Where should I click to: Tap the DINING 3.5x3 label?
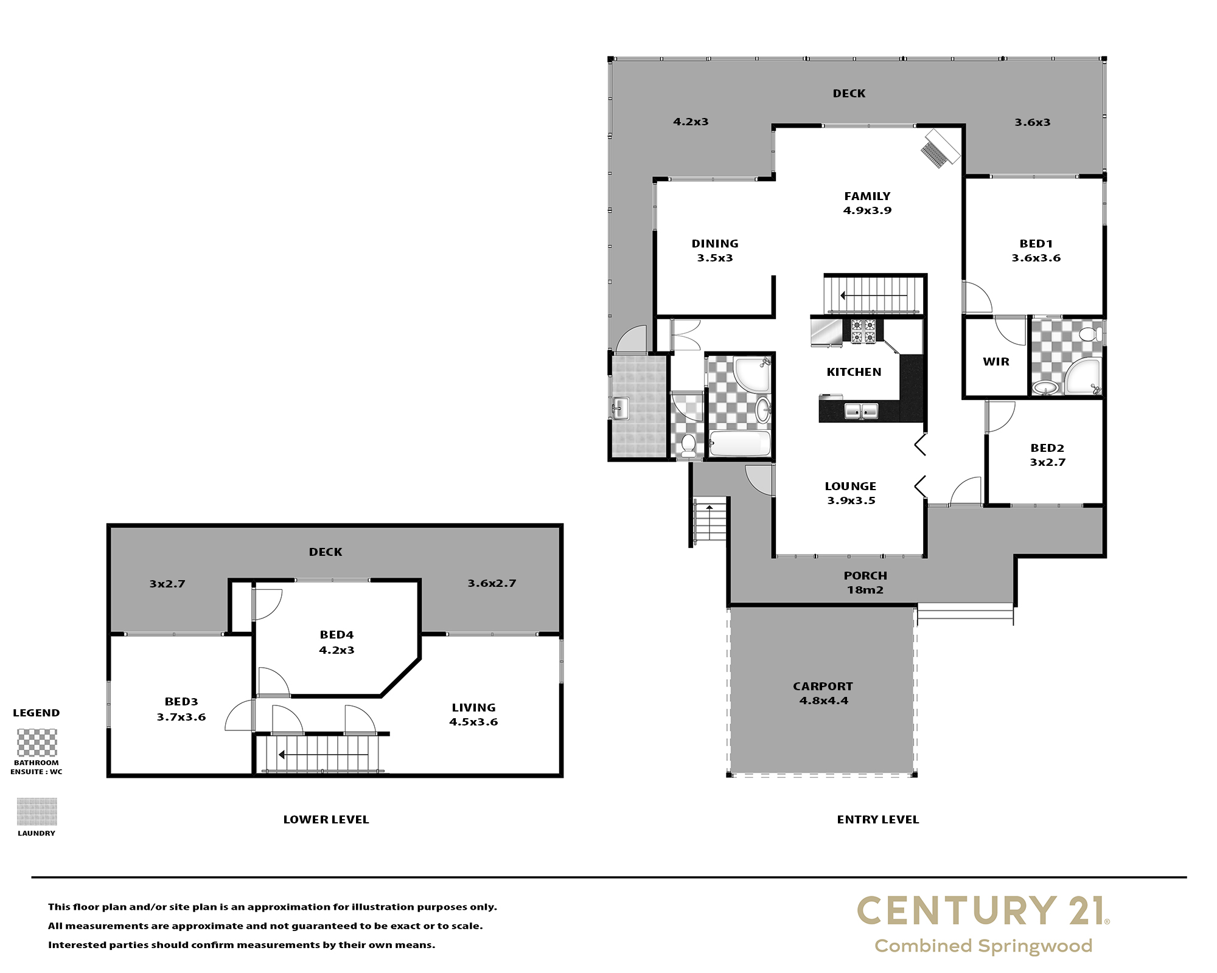(x=715, y=251)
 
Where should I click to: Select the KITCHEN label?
(x=854, y=372)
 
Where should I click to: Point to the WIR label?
(x=996, y=362)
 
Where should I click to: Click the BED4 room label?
(x=337, y=635)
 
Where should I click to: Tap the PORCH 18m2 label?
(x=865, y=583)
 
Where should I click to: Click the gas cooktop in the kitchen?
(x=863, y=331)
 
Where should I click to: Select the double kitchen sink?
(x=861, y=412)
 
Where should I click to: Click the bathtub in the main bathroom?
(x=740, y=443)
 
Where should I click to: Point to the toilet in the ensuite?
(x=1090, y=334)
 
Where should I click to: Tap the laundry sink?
(x=621, y=409)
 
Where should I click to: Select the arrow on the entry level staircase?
(x=874, y=296)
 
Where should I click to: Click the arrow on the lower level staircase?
(x=323, y=755)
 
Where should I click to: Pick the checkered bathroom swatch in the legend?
(x=37, y=743)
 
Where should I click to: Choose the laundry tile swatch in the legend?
(x=37, y=812)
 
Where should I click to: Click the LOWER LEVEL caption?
(x=326, y=820)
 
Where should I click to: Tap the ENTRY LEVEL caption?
(x=878, y=820)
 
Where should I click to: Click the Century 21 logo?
(x=983, y=924)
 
